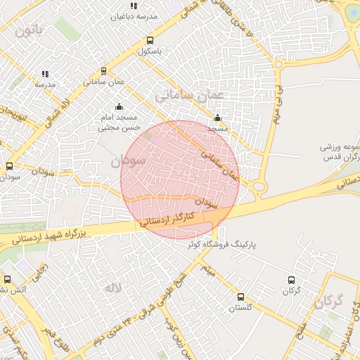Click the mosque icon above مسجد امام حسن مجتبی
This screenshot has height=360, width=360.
118,107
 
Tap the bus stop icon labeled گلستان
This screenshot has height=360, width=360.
241,297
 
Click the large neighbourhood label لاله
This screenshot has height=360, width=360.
112,288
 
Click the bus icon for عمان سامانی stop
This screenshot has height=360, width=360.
104,71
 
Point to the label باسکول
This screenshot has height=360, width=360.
150,51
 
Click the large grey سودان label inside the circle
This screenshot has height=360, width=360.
128,160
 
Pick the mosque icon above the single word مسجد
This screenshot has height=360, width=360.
217,118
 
